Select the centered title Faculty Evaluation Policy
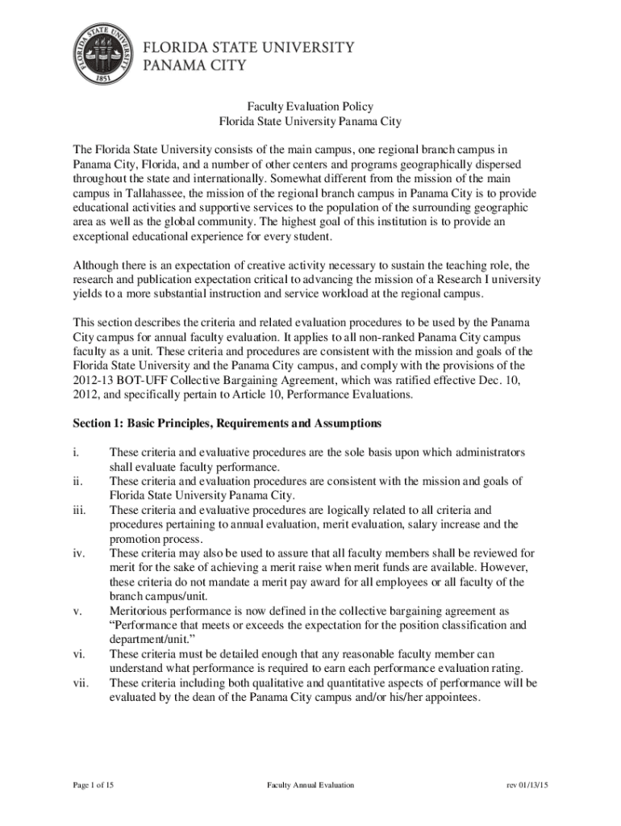point(310,106)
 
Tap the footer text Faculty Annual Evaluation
point(310,785)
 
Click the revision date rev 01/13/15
point(527,785)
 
